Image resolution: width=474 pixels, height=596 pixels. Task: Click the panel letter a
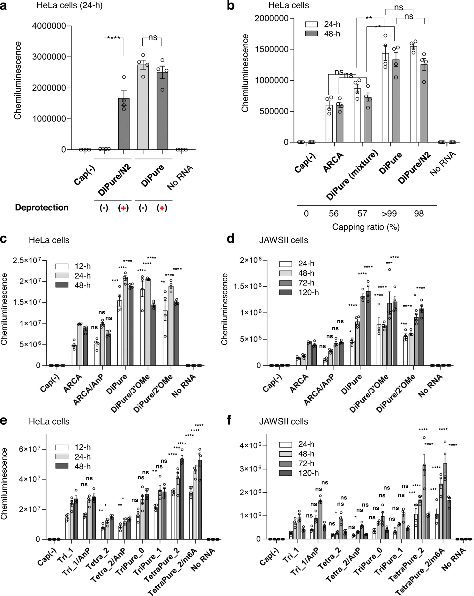(4, 6)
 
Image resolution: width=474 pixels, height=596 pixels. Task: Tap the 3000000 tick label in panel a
(49, 57)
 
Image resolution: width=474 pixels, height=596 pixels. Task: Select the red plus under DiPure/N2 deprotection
(123, 208)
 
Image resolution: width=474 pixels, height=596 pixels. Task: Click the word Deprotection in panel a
(42, 208)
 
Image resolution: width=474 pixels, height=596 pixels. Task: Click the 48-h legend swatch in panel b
(311, 34)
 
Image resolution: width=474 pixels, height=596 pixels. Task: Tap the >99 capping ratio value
(389, 214)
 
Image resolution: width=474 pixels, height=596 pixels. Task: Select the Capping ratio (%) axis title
(366, 227)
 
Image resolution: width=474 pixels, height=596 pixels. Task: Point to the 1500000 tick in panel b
(272, 49)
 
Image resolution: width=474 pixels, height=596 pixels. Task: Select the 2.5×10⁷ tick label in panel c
(27, 260)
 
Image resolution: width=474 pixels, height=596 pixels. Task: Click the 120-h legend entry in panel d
(299, 292)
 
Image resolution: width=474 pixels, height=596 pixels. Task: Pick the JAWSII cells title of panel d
(283, 240)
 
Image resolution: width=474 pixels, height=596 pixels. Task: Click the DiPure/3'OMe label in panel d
(369, 394)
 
